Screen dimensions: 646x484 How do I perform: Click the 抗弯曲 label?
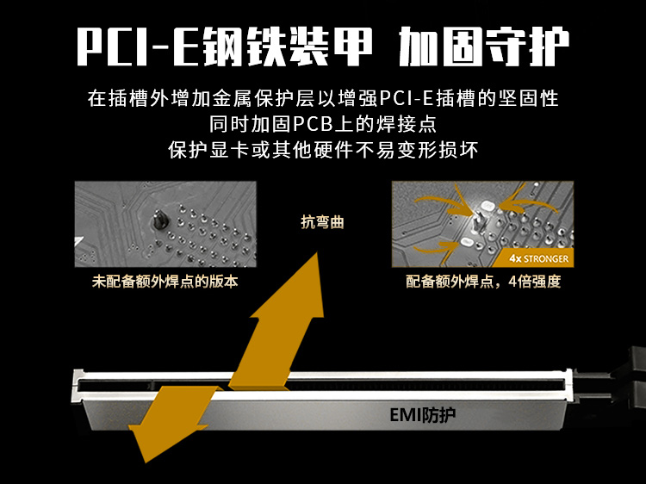pos(322,222)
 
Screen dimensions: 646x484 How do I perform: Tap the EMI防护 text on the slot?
pos(422,415)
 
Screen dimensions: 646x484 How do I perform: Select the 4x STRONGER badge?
pos(537,258)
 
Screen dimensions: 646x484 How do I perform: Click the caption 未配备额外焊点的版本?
pos(165,282)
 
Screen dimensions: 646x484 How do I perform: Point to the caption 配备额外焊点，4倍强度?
pos(483,282)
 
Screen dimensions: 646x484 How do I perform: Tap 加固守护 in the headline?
pos(484,47)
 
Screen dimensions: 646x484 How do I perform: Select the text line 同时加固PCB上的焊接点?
pos(323,123)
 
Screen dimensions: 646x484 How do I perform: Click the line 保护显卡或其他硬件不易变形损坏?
pos(323,150)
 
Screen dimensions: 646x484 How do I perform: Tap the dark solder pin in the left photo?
pos(160,219)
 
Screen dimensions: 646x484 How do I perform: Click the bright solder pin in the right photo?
pos(480,221)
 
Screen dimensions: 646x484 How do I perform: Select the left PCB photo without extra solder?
pos(165,224)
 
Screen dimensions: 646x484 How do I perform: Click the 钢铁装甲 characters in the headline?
pos(287,47)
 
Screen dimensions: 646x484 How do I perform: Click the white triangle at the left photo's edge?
pos(78,242)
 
